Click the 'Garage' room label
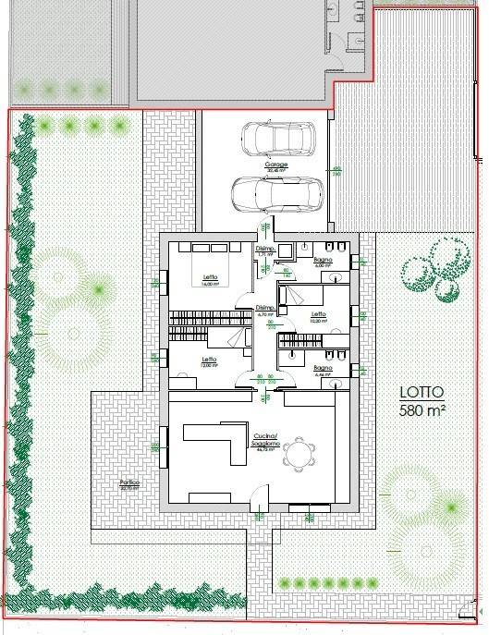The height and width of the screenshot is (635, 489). click(277, 165)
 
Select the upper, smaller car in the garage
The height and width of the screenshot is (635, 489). click(277, 139)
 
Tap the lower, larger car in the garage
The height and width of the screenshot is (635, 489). click(276, 195)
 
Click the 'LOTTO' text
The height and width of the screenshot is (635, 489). click(422, 391)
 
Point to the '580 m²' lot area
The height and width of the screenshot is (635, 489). click(422, 409)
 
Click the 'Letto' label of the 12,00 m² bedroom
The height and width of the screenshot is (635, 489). click(210, 359)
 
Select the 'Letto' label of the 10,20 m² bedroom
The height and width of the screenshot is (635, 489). click(319, 314)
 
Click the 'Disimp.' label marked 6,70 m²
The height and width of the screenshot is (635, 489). click(265, 308)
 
